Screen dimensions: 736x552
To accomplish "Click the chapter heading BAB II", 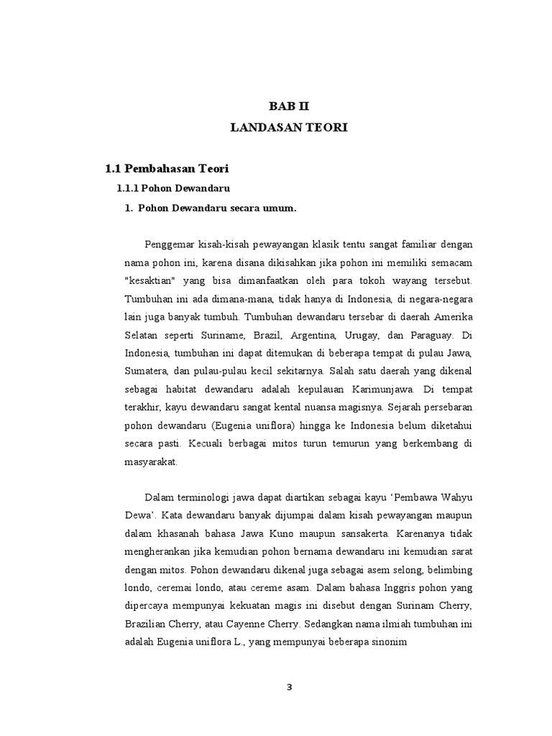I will point(288,106).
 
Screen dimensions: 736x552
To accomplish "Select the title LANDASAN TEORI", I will point(288,127).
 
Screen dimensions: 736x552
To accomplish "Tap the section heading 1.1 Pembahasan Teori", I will point(166,169).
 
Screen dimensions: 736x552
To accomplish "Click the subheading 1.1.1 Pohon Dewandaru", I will point(172,188).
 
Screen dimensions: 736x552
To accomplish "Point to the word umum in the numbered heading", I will point(277,208).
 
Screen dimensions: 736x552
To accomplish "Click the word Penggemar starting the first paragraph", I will point(171,244).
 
